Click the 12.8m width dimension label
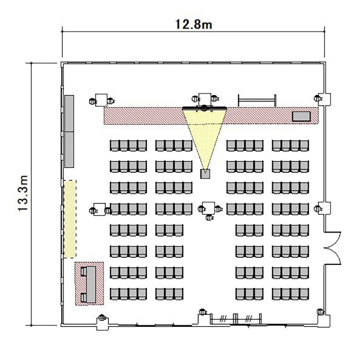[193, 24]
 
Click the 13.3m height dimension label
[23, 193]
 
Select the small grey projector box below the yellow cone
[205, 174]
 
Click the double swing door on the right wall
[333, 248]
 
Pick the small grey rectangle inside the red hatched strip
[301, 116]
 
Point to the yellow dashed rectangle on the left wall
[70, 219]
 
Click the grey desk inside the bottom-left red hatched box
[91, 284]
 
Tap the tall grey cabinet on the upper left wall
[69, 132]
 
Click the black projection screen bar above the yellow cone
[204, 108]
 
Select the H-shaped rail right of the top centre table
[257, 100]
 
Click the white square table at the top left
[101, 100]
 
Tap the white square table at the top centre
[205, 99]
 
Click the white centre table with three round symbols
[208, 208]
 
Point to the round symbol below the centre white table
[209, 217]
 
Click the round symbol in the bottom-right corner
[321, 312]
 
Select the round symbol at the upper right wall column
[318, 99]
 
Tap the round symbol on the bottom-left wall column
[102, 318]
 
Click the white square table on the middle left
[99, 209]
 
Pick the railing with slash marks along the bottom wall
[236, 319]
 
